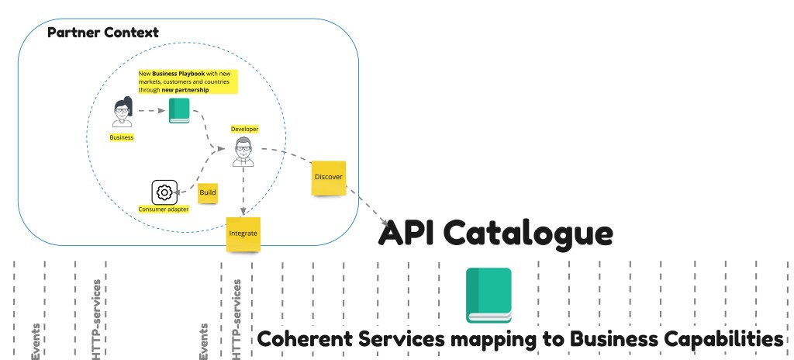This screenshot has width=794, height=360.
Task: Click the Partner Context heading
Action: click(103, 33)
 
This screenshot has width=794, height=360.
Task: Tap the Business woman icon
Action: click(122, 112)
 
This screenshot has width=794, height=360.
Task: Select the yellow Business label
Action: click(122, 137)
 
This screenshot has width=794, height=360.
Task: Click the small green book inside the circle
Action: click(179, 111)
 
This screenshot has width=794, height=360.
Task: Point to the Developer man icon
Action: click(243, 151)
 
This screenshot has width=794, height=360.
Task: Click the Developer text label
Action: click(244, 129)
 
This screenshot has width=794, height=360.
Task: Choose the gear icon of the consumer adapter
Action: click(163, 192)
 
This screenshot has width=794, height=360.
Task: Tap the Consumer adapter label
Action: click(163, 209)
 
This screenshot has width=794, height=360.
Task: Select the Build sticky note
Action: click(208, 192)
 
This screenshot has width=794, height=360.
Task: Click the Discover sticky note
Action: click(328, 178)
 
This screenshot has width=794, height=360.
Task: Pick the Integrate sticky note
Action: click(243, 234)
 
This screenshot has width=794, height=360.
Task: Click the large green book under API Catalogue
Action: click(488, 295)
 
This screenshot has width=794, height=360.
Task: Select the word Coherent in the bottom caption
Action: click(303, 339)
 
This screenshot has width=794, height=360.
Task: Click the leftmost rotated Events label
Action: click(36, 341)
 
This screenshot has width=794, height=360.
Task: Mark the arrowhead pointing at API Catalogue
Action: click(385, 223)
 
